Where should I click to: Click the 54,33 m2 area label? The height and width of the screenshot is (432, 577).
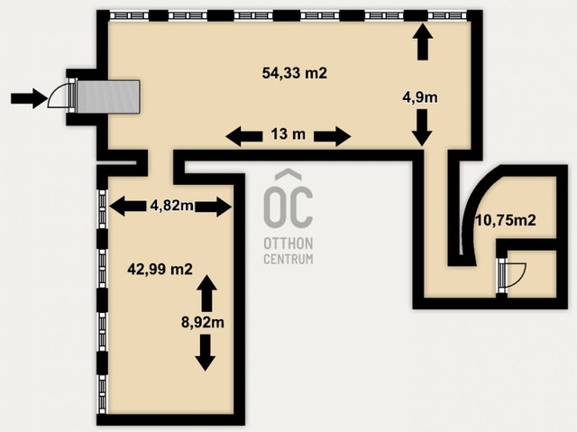pyautogui.click(x=295, y=73)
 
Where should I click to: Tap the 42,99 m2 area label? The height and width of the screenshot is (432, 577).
pyautogui.click(x=160, y=269)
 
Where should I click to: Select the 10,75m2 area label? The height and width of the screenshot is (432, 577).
pyautogui.click(x=506, y=220)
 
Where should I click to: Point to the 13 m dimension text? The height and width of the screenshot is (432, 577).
pyautogui.click(x=288, y=134)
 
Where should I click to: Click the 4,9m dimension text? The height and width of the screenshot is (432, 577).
pyautogui.click(x=420, y=97)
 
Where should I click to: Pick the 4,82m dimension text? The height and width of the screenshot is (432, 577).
pyautogui.click(x=172, y=206)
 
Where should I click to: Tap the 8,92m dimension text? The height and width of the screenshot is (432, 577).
pyautogui.click(x=203, y=322)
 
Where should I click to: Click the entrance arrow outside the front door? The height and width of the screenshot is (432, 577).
pyautogui.click(x=29, y=98)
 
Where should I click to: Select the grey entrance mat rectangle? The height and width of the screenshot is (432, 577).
pyautogui.click(x=108, y=97)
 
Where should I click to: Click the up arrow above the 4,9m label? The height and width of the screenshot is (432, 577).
pyautogui.click(x=423, y=41)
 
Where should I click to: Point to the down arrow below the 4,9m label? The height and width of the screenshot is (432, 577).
pyautogui.click(x=422, y=127)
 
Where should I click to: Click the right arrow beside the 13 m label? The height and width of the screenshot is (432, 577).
pyautogui.click(x=333, y=136)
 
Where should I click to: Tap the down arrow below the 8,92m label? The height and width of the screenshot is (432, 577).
pyautogui.click(x=206, y=353)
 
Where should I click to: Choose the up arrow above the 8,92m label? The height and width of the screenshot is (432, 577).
pyautogui.click(x=206, y=293)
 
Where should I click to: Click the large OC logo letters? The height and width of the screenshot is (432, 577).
pyautogui.click(x=288, y=198)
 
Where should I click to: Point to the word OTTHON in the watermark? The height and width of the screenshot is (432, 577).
pyautogui.click(x=288, y=244)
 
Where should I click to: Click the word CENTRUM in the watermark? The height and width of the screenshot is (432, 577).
pyautogui.click(x=288, y=259)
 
